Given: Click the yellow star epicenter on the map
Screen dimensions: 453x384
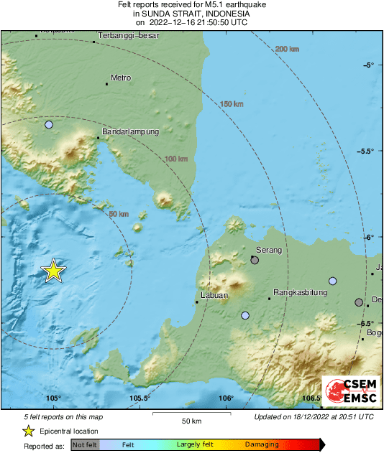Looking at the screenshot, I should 53,271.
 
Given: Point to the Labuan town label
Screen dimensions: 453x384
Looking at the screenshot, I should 214,295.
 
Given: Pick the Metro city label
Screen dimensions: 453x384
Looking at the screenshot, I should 120,78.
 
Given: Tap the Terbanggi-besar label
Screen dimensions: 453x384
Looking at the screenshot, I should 128,34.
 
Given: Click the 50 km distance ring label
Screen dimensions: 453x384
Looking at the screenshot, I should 118,214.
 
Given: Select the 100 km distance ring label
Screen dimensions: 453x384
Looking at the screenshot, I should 176,159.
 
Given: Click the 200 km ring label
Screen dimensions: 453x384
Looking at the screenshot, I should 286,49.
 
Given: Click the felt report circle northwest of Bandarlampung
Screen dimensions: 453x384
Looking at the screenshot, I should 49,125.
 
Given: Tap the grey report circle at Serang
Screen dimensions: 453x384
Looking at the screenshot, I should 255,261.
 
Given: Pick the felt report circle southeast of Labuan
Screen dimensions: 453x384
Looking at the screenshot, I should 245,315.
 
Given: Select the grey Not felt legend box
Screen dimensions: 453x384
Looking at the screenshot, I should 86,444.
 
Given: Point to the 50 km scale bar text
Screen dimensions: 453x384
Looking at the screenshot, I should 191,420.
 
